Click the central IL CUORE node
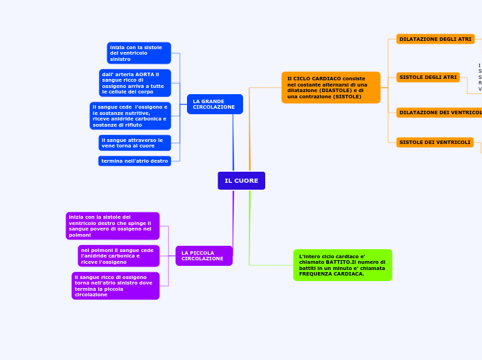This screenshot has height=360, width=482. pos(241,181)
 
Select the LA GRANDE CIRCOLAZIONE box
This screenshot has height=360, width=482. pos(215,104)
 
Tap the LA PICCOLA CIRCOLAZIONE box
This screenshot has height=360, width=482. pos(204,255)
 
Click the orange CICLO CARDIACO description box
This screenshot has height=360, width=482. pos(330,87)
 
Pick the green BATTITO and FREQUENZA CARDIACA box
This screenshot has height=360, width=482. pos(342,264)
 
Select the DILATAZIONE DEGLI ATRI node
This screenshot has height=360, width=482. pos(435,39)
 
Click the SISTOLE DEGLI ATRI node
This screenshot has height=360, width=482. pos(428,78)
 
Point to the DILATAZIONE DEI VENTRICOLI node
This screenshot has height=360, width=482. pos(439,112)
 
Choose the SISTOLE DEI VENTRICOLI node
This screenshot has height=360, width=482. pos(435,143)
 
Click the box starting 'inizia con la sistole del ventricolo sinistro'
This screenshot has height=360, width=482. pos(139,53)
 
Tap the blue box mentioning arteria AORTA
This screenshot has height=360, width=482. pos(135,82)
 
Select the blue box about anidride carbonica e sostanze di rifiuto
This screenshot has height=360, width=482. pos(130,116)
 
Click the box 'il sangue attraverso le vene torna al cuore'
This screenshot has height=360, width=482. pos(134,143)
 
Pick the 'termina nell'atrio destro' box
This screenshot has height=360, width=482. pos(134,161)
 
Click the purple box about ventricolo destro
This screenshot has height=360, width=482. pos(112,226)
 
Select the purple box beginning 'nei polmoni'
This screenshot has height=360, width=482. pos(118,255)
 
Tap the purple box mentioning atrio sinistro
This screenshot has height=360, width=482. pos(115,285)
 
